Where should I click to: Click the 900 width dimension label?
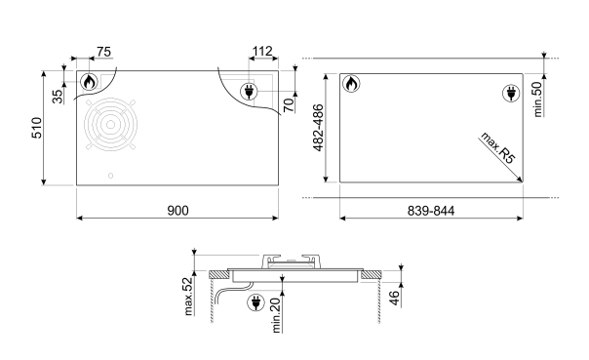tap(177, 211)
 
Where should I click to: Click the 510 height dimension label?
tap(37, 128)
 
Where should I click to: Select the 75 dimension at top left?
tap(103, 52)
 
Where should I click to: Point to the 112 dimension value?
tap(262, 51)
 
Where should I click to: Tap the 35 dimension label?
tap(58, 97)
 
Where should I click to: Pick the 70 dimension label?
tap(289, 104)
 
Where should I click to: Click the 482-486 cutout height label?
tap(318, 128)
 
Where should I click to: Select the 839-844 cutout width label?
tap(431, 211)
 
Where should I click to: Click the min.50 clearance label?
tap(537, 100)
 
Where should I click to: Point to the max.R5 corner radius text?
tap(497, 147)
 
